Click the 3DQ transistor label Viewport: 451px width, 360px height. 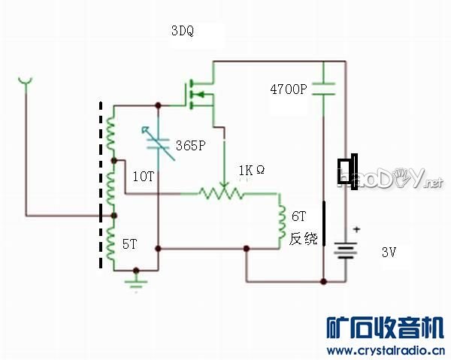pyautogui.click(x=183, y=32)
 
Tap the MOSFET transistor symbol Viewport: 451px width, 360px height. pyautogui.click(x=199, y=94)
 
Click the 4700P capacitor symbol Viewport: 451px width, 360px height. pyautogui.click(x=323, y=87)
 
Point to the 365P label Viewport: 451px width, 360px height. pyautogui.click(x=190, y=146)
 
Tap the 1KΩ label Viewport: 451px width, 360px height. pyautogui.click(x=251, y=171)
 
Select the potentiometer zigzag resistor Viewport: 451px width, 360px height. pyautogui.click(x=222, y=193)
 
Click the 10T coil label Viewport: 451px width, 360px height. pyautogui.click(x=143, y=176)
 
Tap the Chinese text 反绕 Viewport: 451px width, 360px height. pyautogui.click(x=304, y=239)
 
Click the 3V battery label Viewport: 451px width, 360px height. pyautogui.click(x=389, y=253)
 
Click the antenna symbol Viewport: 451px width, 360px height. pyautogui.click(x=26, y=80)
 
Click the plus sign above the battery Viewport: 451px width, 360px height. pyautogui.click(x=357, y=229)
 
